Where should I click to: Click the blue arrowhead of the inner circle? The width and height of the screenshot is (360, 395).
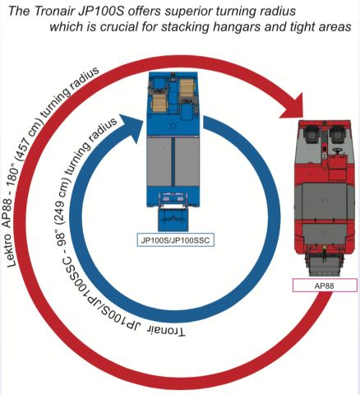point(132,128)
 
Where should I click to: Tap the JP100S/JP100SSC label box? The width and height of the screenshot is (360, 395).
point(175,240)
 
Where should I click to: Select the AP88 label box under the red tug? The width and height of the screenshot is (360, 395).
point(325,286)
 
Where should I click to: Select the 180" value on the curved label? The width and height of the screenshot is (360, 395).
point(16,180)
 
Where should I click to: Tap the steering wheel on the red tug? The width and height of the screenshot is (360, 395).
point(338,151)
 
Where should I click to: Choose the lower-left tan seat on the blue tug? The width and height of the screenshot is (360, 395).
point(159,103)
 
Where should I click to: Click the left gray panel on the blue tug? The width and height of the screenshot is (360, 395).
point(159,162)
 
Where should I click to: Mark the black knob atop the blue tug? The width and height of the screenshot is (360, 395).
point(173,74)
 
